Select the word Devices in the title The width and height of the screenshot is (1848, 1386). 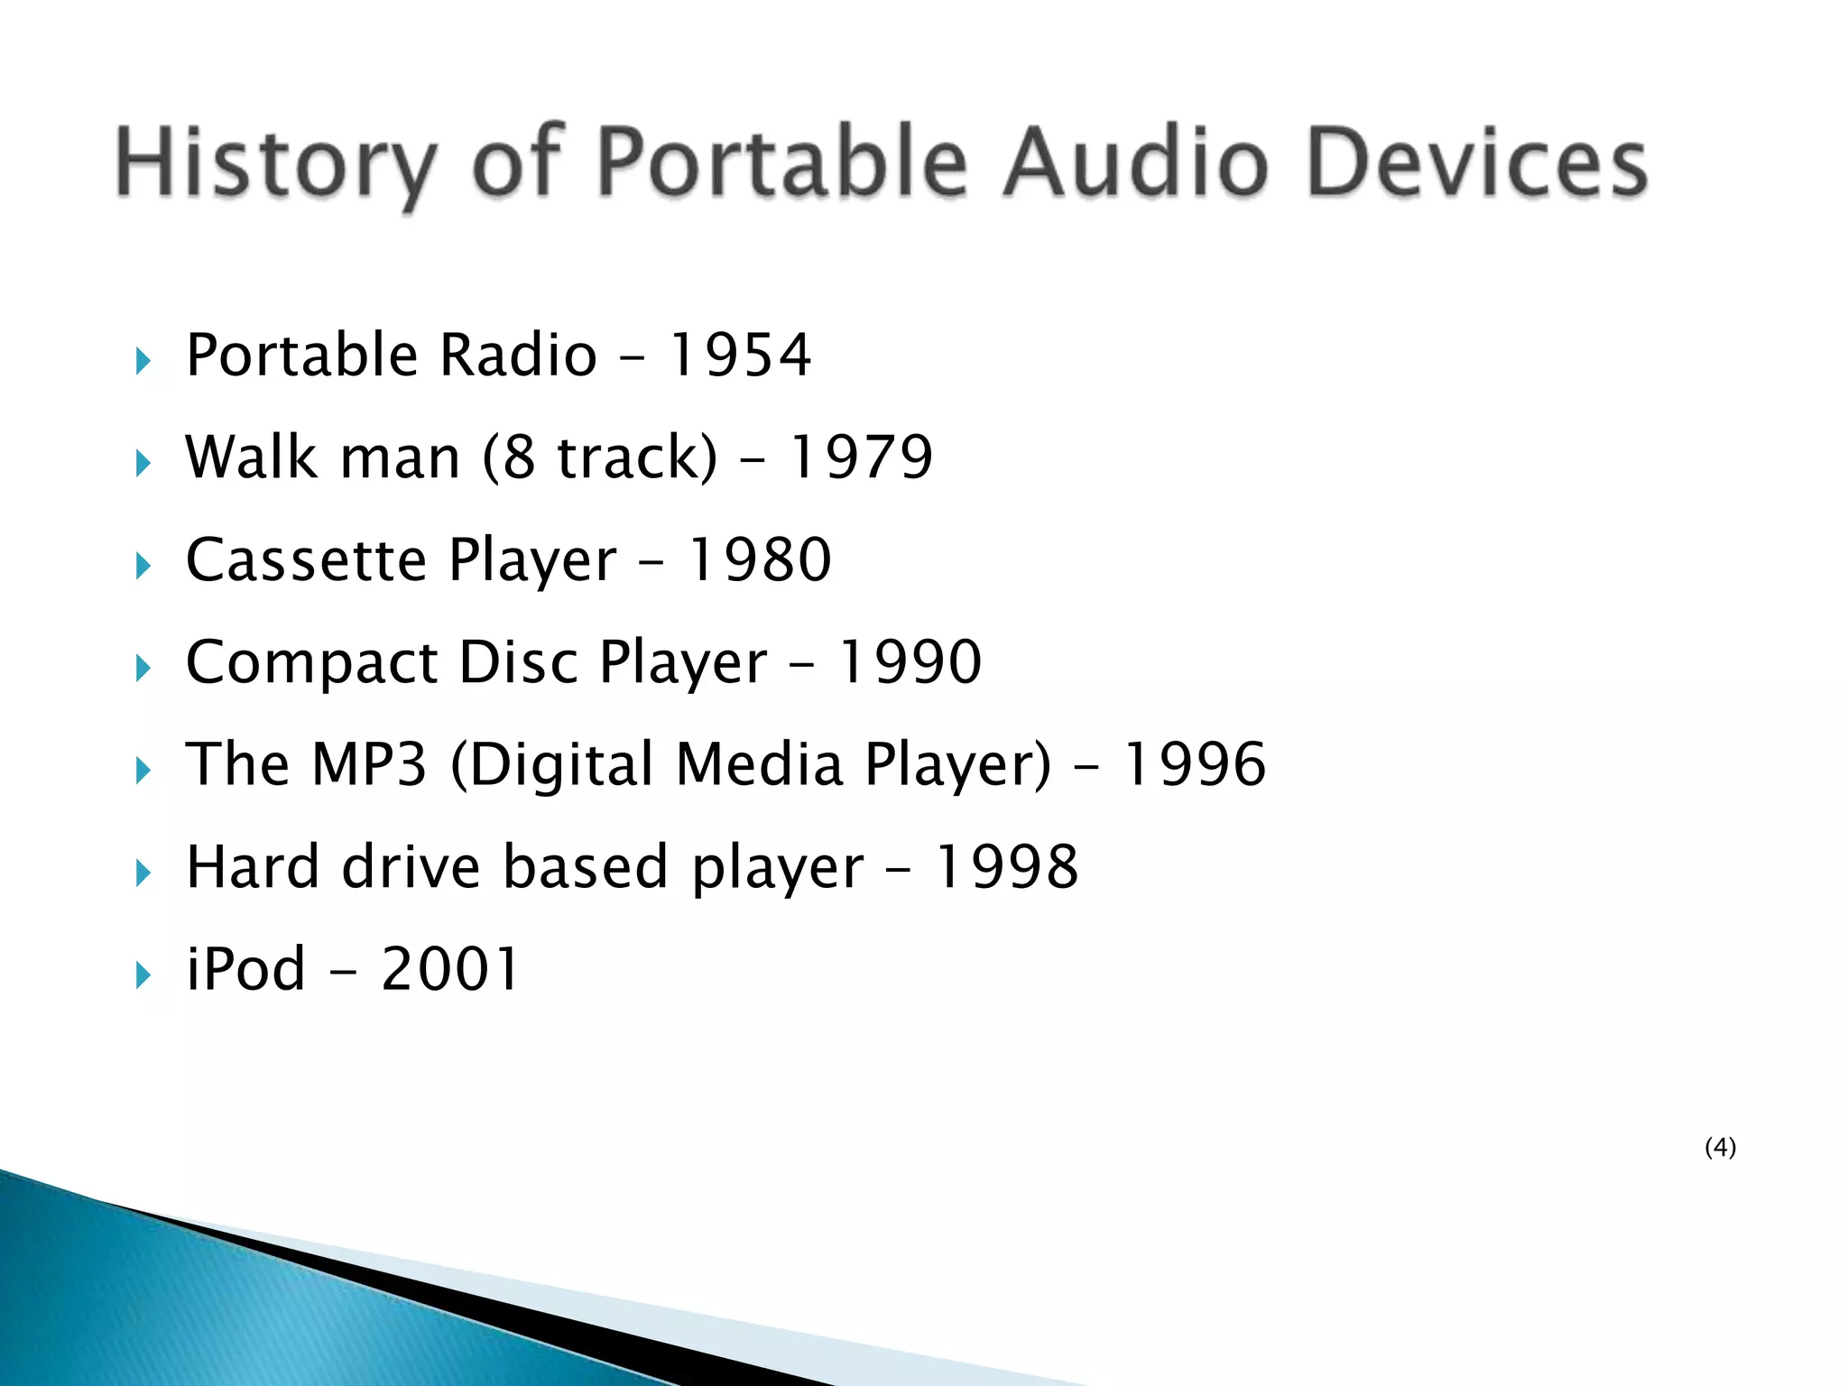tap(1477, 162)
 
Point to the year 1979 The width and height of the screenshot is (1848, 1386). tap(861, 457)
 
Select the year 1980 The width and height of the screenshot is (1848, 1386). tap(760, 559)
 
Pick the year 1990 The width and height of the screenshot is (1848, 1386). tap(910, 661)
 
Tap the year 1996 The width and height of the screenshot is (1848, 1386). tap(1194, 764)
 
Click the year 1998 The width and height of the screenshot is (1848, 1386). tap(1005, 866)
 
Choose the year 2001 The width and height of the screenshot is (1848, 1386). tap(450, 969)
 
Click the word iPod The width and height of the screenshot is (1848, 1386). tap(245, 969)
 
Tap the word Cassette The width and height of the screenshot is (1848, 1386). tap(306, 559)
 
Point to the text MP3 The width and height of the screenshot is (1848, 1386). tap(368, 764)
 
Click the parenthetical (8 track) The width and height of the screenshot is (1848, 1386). tap(600, 457)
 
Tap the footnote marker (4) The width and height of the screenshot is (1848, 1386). tap(1720, 1147)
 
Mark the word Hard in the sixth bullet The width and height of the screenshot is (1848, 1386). tap(253, 866)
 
